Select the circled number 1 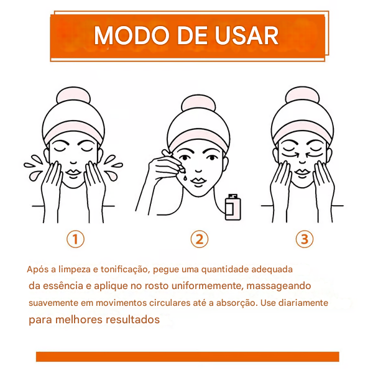coord(75,239)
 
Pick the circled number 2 coord(199,239)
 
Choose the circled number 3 coord(303,239)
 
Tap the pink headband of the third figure coord(303,127)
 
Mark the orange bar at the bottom coord(187,356)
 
